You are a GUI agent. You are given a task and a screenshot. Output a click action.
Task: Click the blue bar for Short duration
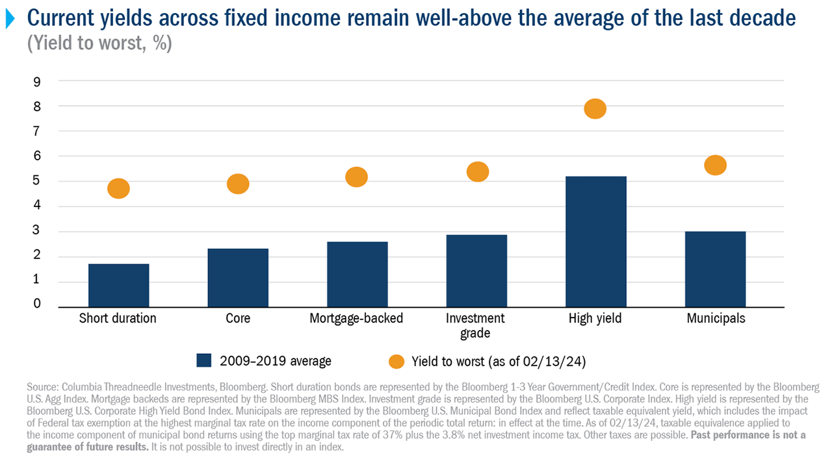click(118, 285)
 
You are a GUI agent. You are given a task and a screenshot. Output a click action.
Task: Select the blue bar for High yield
click(595, 242)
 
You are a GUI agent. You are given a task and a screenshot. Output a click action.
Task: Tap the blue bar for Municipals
click(715, 269)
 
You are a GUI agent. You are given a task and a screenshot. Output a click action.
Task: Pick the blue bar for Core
click(238, 277)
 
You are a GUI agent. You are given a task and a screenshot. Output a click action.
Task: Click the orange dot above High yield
click(595, 109)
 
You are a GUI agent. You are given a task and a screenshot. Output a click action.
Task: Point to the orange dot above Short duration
click(118, 188)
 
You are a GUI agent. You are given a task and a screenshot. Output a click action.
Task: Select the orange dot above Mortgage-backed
click(356, 177)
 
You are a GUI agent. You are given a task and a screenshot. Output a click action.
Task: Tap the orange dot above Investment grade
click(477, 171)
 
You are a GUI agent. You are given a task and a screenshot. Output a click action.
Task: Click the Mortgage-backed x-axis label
click(356, 318)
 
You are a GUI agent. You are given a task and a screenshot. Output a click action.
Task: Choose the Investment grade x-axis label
click(476, 325)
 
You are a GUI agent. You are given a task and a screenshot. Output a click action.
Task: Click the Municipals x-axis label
click(715, 318)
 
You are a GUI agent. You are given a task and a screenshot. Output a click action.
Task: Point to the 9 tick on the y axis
click(37, 81)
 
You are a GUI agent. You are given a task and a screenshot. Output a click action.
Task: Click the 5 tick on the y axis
click(37, 181)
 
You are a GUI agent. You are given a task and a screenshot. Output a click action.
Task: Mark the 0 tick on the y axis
click(37, 304)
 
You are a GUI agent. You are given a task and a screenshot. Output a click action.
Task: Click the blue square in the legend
click(204, 361)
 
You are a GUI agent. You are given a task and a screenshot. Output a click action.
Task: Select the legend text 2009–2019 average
click(276, 361)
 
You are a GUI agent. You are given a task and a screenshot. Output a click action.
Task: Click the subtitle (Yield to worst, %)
click(99, 45)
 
